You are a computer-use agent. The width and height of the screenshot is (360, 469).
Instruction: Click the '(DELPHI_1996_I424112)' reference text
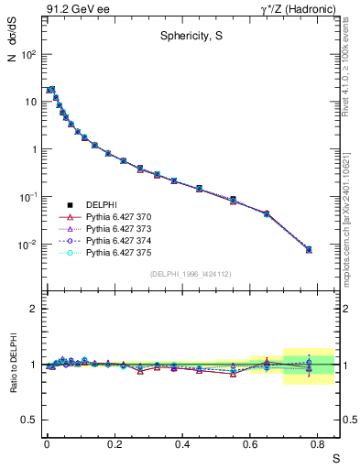point(191,273)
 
